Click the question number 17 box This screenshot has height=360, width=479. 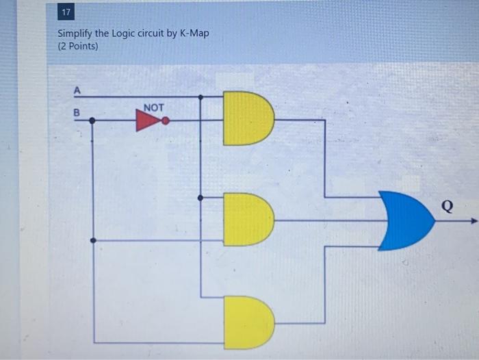click(66, 13)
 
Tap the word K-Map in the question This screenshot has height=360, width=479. click(194, 34)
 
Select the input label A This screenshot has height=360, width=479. click(77, 90)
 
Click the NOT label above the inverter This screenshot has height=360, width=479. click(154, 107)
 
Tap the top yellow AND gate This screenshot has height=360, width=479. click(247, 118)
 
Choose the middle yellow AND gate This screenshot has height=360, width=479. click(247, 219)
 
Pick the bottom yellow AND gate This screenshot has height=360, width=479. click(247, 322)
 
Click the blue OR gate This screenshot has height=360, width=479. click(406, 220)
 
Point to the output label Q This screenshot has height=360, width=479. click(447, 206)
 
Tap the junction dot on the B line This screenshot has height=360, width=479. click(93, 120)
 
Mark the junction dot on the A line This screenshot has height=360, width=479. click(200, 97)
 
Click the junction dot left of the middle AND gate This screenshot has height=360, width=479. click(200, 198)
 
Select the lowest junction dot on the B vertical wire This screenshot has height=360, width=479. click(93, 240)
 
